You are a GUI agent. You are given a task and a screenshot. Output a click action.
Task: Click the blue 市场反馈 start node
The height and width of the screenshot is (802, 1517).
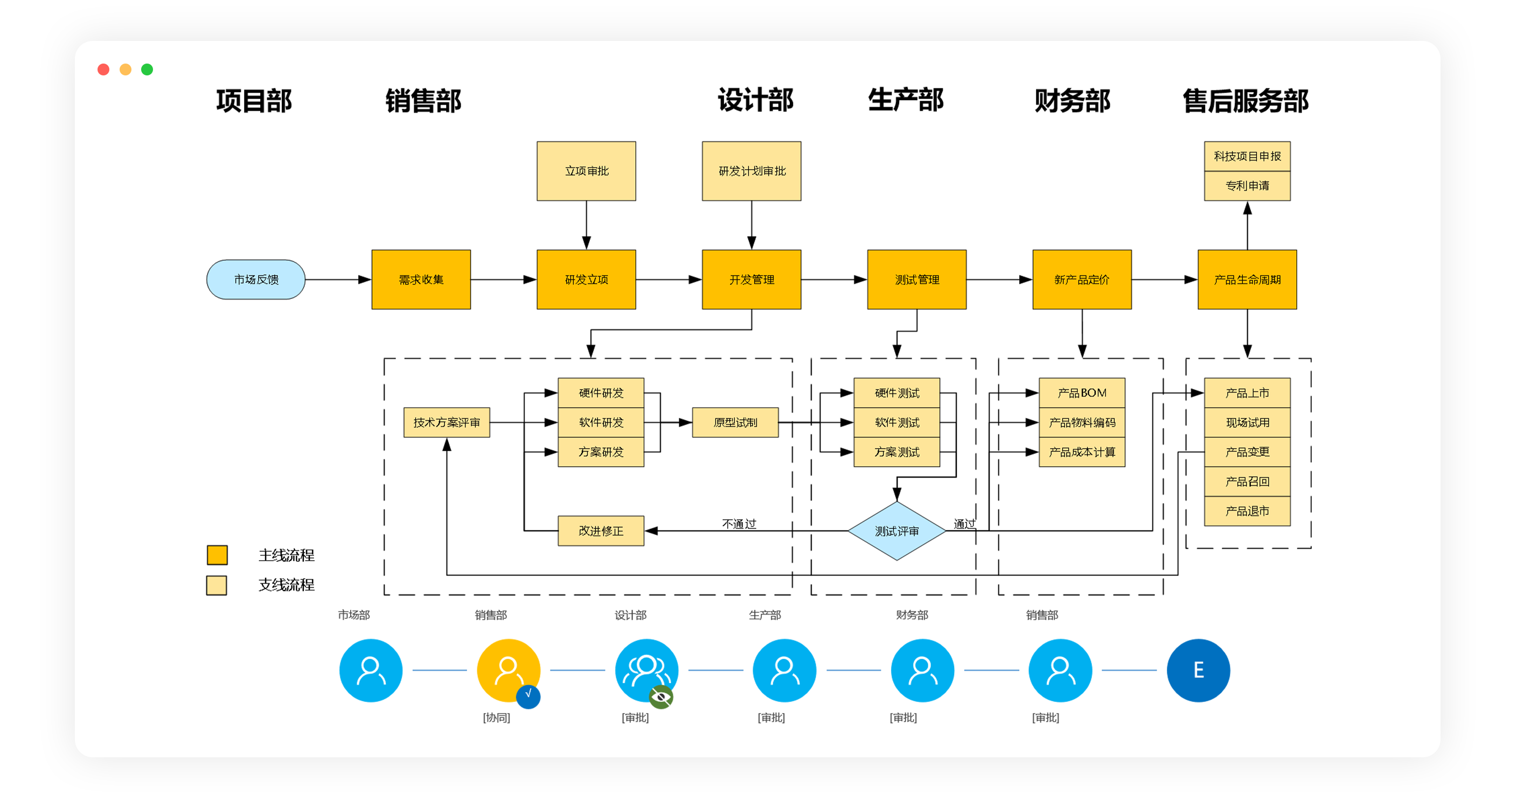coord(255,280)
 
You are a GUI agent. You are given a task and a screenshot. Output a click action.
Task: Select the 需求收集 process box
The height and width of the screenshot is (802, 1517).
coord(421,280)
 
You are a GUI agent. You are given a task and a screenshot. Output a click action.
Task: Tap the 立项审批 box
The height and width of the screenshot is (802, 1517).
coord(586,171)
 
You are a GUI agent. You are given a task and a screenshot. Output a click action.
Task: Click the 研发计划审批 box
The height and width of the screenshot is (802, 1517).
coord(751,171)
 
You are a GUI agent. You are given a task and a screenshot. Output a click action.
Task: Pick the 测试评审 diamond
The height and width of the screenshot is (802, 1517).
coord(896,531)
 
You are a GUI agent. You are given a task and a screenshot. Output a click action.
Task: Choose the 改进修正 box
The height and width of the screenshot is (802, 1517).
coord(601,531)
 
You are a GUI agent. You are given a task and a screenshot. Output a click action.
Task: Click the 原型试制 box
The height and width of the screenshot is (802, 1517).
coord(735,422)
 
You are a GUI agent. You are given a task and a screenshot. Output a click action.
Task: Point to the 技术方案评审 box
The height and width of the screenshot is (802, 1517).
coord(447,422)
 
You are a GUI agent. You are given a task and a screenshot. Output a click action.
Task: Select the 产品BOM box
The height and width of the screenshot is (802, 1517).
coord(1082,393)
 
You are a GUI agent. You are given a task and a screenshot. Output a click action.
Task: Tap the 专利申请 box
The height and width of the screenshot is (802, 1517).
coord(1247,186)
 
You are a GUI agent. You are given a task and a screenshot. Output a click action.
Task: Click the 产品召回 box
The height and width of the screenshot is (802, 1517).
coord(1247,482)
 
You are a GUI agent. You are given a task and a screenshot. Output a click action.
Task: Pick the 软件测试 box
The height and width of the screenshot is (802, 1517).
coord(896,422)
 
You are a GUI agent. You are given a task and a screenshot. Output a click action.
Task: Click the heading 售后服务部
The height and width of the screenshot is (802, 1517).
coord(1245,101)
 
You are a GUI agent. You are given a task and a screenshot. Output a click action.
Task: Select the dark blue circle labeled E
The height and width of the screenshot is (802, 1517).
coord(1198,670)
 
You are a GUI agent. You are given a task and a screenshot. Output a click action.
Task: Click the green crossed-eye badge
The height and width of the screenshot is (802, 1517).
coord(661,697)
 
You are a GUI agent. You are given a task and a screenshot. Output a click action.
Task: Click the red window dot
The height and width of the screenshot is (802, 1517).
coord(103,69)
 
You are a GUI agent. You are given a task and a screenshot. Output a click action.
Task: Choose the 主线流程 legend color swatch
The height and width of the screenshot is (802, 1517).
coord(217,555)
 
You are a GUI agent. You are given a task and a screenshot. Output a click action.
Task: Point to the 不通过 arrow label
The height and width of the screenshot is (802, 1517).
coord(739,524)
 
